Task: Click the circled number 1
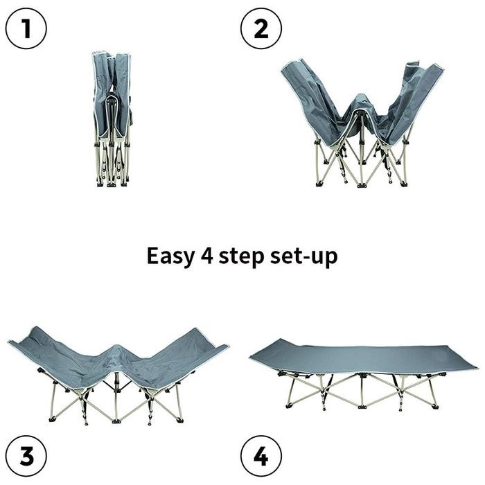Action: (x=26, y=28)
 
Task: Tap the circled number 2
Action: (x=261, y=28)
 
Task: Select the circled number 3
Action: (x=26, y=456)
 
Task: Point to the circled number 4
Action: (x=261, y=456)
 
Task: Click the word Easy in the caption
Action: (x=170, y=257)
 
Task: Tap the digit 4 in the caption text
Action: (x=207, y=256)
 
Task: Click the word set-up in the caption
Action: (x=303, y=257)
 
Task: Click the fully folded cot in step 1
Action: (x=112, y=119)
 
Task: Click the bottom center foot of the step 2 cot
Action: (x=362, y=185)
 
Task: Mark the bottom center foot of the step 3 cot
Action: (x=116, y=421)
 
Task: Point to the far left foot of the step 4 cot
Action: (x=289, y=406)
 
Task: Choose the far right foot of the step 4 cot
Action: (x=435, y=407)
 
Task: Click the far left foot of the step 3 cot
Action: (x=52, y=419)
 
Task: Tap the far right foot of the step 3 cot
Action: (x=180, y=420)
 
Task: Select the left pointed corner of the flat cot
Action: (x=250, y=358)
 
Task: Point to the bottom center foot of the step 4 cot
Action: (x=362, y=407)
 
